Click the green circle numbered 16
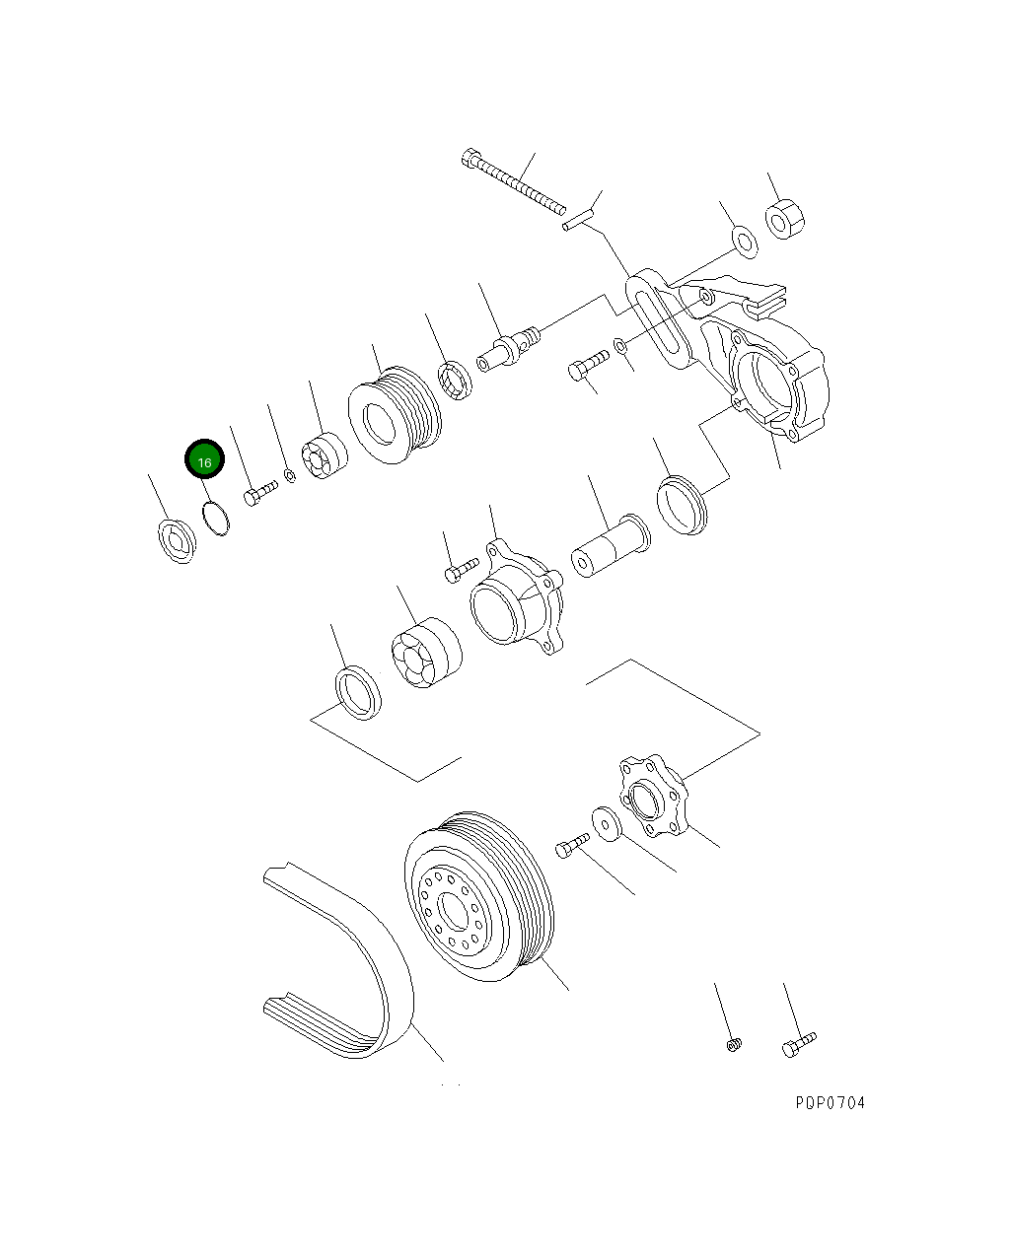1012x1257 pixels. [x=205, y=459]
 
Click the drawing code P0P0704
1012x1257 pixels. [x=830, y=1102]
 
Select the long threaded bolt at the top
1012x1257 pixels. [x=513, y=181]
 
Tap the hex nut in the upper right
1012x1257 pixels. [x=786, y=220]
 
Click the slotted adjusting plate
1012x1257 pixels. [x=658, y=317]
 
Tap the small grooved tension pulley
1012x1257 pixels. [x=396, y=415]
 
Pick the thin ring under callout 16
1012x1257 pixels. [x=216, y=518]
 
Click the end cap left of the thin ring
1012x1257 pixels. [x=176, y=539]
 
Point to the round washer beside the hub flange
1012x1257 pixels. [x=605, y=823]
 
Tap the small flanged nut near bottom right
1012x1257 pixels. [x=732, y=1043]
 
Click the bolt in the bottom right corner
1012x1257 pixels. [x=798, y=1044]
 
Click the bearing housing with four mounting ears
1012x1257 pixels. [x=515, y=600]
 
